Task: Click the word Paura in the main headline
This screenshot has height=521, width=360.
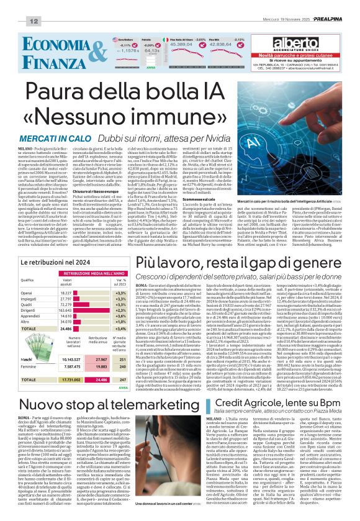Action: (x=69, y=94)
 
